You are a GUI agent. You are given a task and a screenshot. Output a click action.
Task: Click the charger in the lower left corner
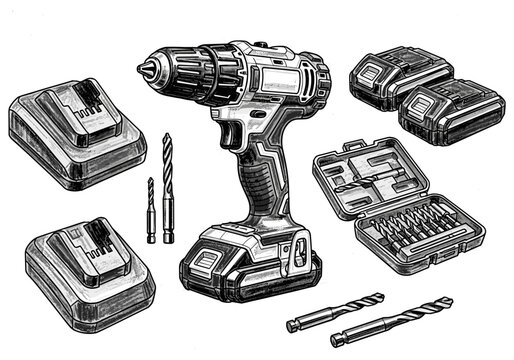pyautogui.click(x=89, y=268)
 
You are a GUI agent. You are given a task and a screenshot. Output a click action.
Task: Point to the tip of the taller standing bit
pyautogui.click(x=166, y=135)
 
